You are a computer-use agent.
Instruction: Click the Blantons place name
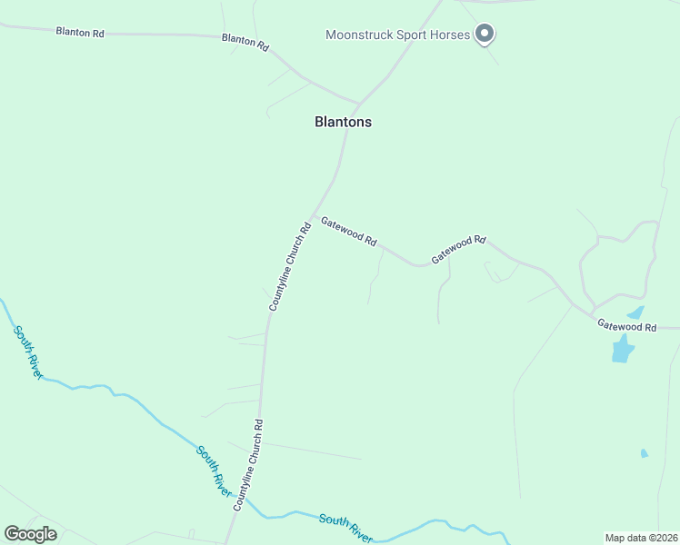point(343,122)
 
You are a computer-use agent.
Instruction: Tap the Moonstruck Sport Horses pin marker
point(485,35)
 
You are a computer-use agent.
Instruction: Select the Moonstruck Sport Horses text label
point(398,35)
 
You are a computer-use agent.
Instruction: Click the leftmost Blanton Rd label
point(80,33)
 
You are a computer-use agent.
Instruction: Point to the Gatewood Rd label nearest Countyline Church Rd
point(348,232)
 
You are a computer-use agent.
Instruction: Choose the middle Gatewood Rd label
point(458,249)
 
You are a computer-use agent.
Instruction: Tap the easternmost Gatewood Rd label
point(625,325)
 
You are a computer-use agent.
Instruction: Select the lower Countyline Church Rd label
point(247,464)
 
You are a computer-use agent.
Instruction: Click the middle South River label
point(214,469)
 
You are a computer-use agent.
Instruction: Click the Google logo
point(30,534)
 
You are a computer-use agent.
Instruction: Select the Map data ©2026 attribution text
point(641,537)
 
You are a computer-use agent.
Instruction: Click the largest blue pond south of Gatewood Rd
point(622,348)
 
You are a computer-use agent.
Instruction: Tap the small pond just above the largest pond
point(635,312)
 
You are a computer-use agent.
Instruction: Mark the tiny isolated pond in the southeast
point(645,452)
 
